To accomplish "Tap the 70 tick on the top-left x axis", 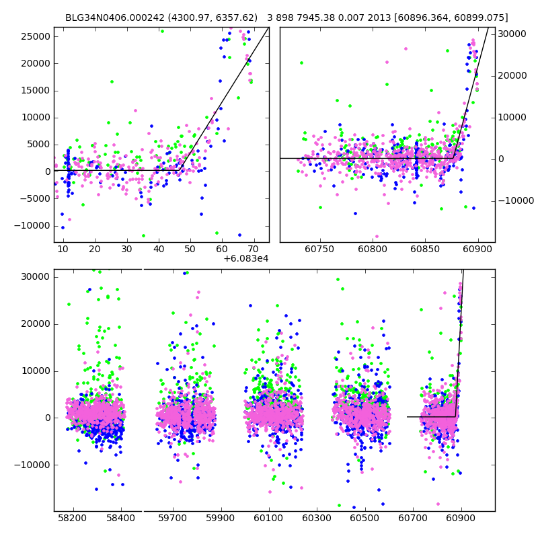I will [x=253, y=249].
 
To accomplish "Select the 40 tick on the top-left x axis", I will [x=158, y=249].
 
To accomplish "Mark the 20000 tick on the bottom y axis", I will [x=34, y=323].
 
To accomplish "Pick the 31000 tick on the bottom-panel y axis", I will [x=34, y=276].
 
